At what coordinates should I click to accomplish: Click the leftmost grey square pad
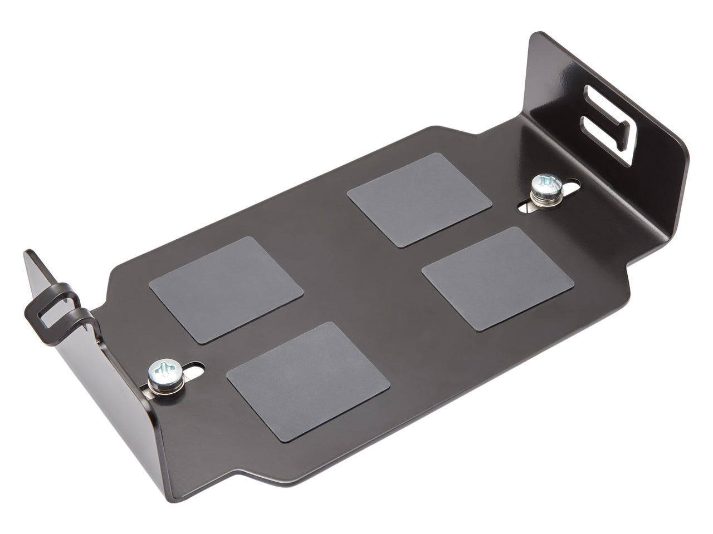click(226, 289)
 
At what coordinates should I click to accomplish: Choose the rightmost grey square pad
click(497, 278)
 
